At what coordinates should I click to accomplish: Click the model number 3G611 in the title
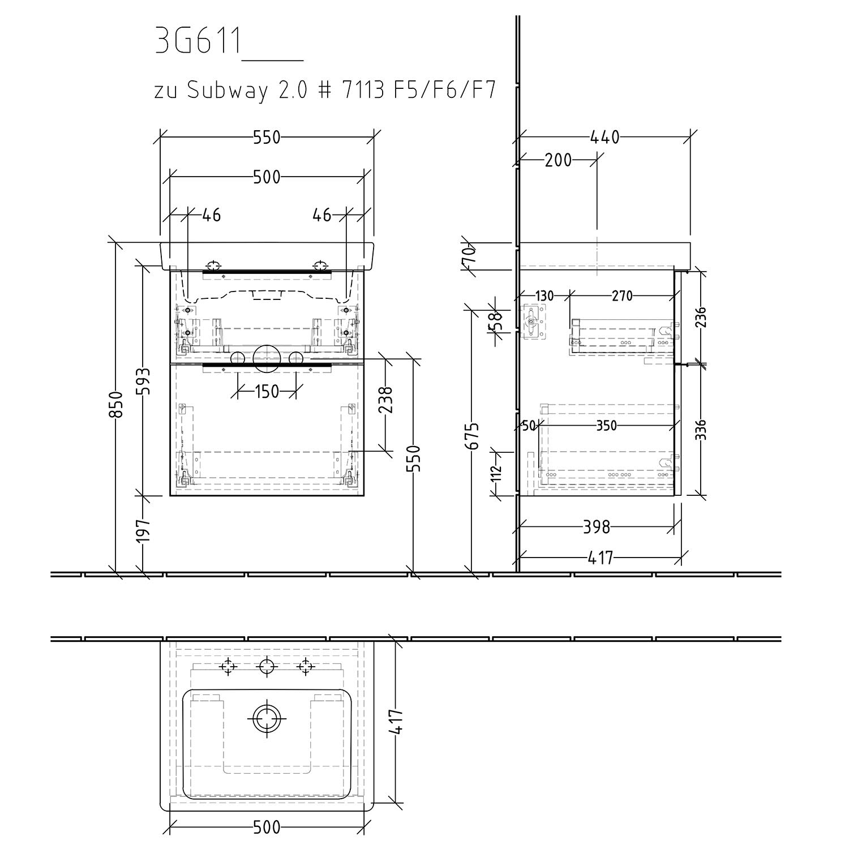pos(198,42)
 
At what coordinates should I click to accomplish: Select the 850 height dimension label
pos(116,405)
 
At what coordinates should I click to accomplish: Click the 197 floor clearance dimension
pos(144,530)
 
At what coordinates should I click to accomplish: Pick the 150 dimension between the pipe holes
pos(267,391)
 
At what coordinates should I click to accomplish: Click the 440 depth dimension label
pos(605,138)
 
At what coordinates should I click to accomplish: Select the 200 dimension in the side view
pos(558,161)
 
